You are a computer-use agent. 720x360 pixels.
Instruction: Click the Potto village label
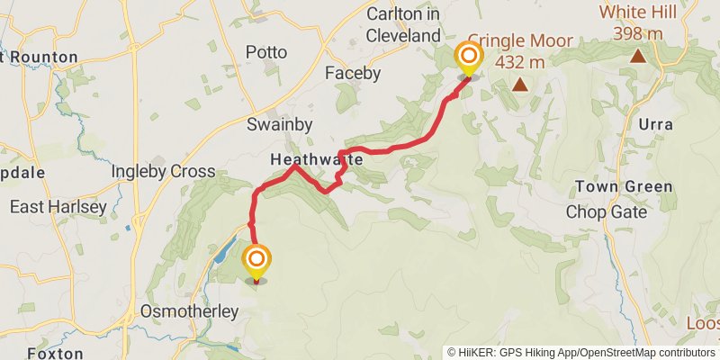coord(266,52)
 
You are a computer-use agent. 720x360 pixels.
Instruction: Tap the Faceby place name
coord(354,73)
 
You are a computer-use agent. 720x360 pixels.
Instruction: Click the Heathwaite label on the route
coord(316,159)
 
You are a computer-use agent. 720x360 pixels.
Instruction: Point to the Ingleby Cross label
coord(163,171)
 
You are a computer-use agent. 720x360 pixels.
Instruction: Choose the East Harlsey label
coord(58,207)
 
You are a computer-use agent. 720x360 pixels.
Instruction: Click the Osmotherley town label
coord(189,312)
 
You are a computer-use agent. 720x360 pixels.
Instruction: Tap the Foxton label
coord(56,354)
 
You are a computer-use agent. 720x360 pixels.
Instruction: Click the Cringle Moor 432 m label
coord(520,51)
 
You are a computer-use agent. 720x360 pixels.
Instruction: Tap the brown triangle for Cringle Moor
coord(520,85)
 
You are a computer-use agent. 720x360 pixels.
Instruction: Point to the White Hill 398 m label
coord(639,22)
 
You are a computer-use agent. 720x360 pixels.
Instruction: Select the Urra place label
coord(654,123)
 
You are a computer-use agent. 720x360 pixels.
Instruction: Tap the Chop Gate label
coord(607,212)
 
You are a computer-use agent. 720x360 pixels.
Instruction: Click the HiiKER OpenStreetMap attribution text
coord(581,352)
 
